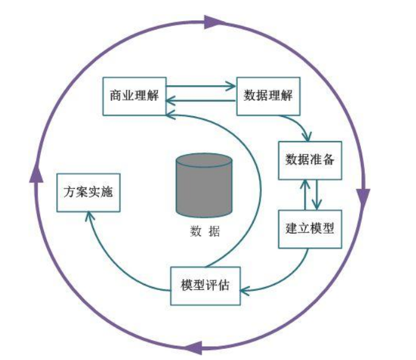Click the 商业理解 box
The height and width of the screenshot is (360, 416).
pos(134,96)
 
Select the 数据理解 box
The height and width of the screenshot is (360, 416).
pos(268,96)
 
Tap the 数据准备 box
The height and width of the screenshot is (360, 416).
pos(310,160)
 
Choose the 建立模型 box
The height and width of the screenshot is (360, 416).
pos(310,229)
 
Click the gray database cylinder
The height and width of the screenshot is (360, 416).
pos(204,186)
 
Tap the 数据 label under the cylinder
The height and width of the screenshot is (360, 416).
pos(205,233)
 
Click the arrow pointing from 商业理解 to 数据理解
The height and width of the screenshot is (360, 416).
pos(201,87)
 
